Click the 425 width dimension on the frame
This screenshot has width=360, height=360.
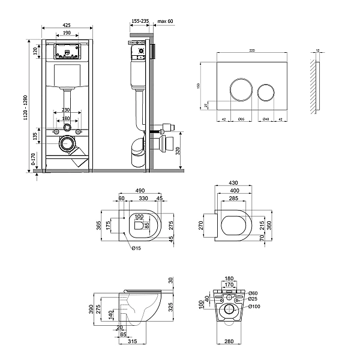point(67,25)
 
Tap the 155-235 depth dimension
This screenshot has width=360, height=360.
point(140,21)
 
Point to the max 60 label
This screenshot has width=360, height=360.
point(165,21)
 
